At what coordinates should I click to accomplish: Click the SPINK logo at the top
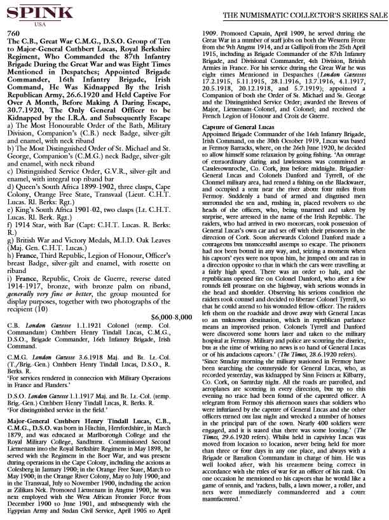point(32,12)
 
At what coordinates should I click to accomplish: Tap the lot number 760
point(12,33)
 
